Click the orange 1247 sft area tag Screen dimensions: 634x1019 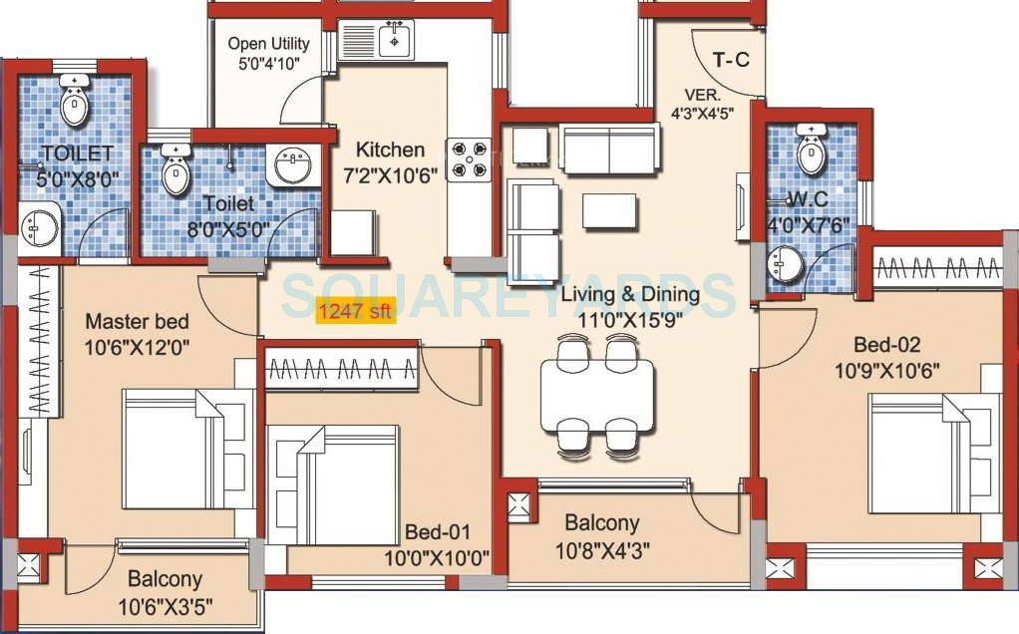(x=356, y=312)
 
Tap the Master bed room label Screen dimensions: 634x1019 (x=137, y=322)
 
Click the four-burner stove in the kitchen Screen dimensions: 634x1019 (x=468, y=158)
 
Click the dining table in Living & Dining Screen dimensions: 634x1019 (x=596, y=395)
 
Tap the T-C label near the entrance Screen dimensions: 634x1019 (x=731, y=60)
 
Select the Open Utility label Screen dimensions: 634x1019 (x=268, y=44)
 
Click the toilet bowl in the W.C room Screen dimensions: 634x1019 (x=813, y=152)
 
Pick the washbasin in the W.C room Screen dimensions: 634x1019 (x=784, y=265)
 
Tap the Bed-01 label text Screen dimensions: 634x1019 (x=437, y=532)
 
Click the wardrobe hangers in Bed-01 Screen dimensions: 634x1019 (x=339, y=371)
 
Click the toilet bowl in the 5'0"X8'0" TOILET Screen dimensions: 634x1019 (x=74, y=103)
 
